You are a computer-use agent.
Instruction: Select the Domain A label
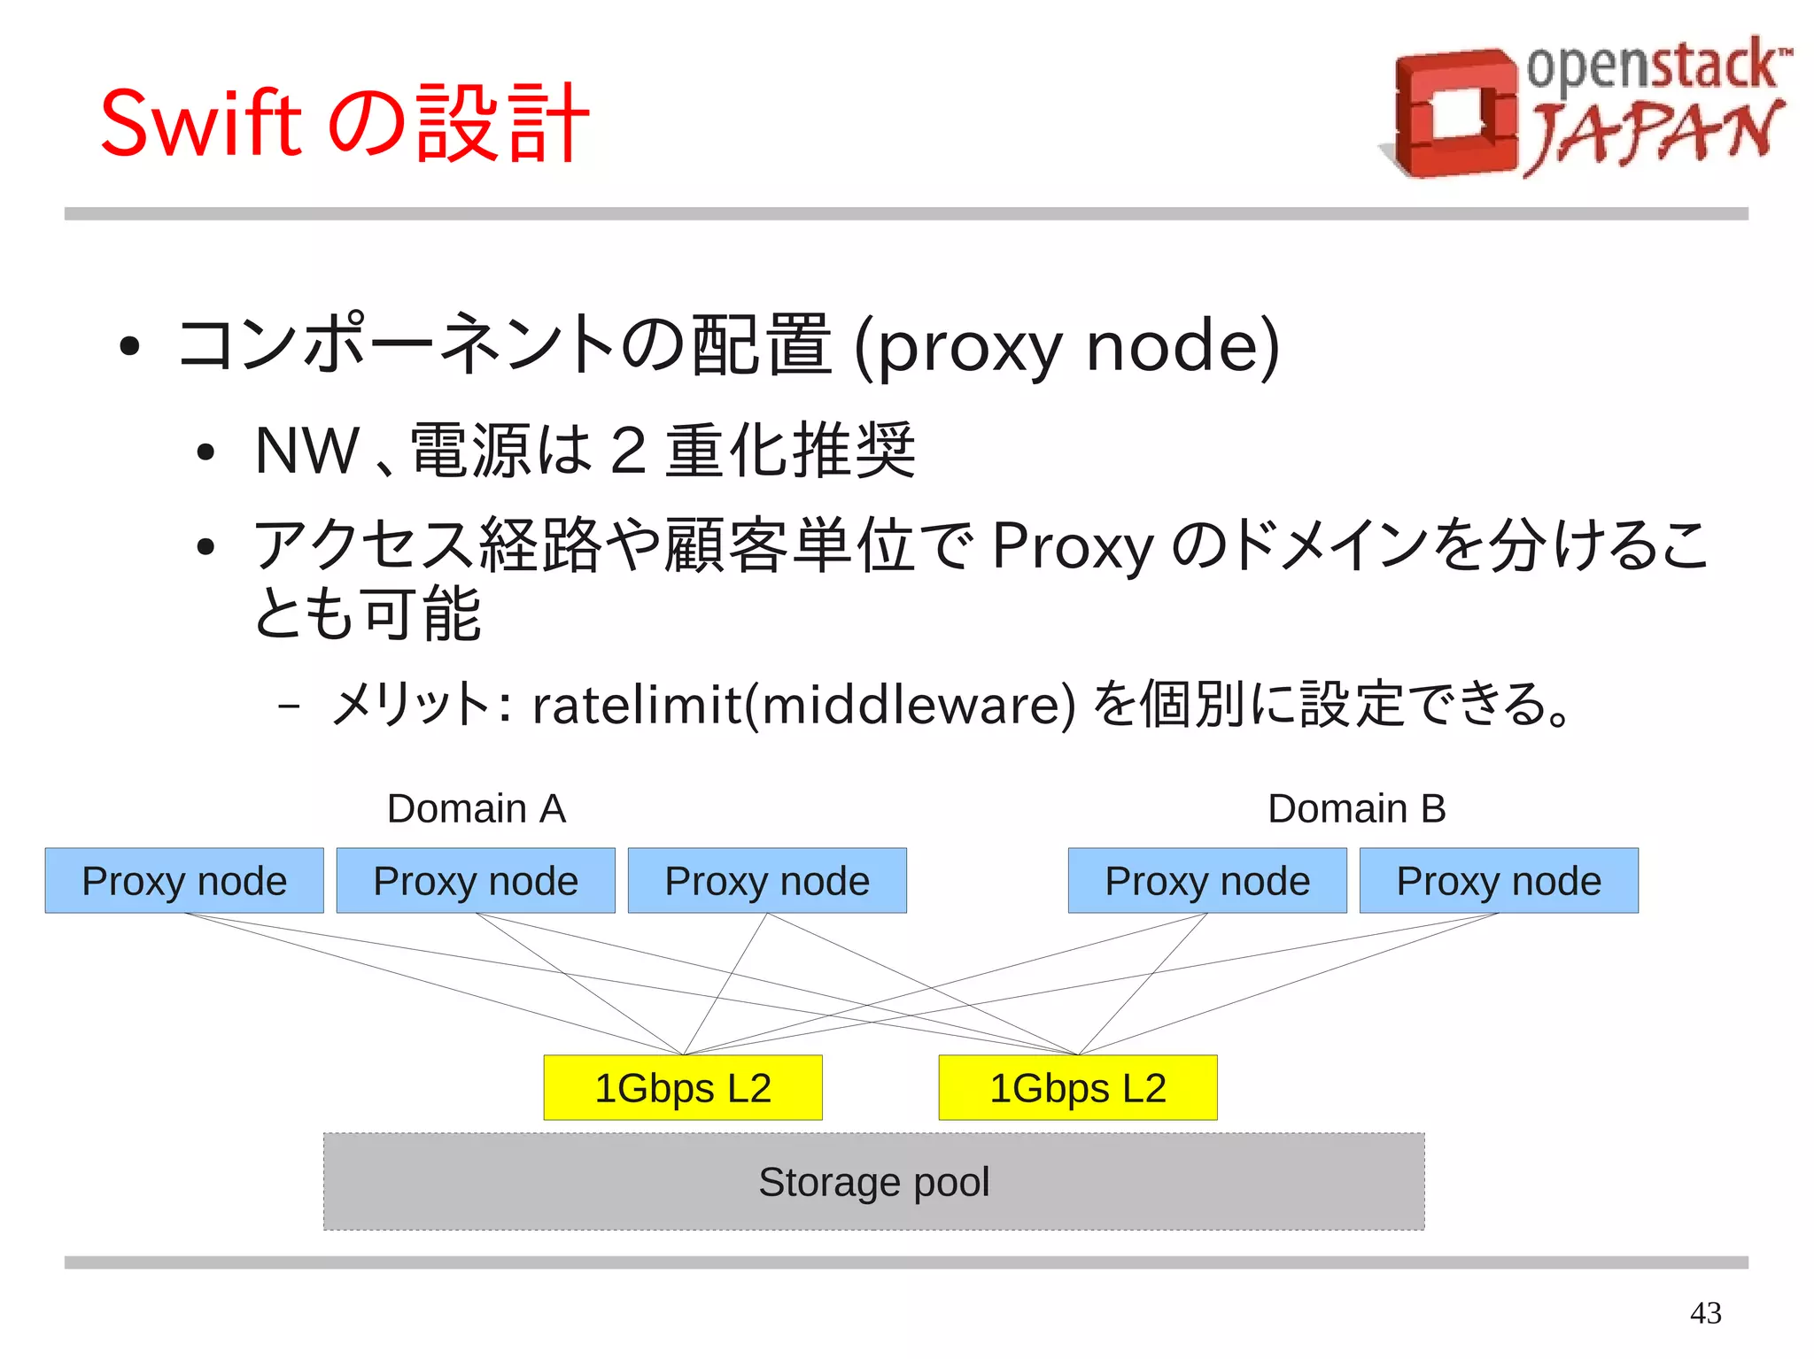click(477, 808)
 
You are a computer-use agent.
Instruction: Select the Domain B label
click(1356, 808)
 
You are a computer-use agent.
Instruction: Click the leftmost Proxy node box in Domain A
click(184, 881)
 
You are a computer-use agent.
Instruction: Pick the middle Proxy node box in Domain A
click(476, 881)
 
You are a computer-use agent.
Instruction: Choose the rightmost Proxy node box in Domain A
click(767, 881)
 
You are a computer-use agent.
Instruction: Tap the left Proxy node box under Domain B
click(1207, 881)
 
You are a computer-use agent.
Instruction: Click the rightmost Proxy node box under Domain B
click(1499, 881)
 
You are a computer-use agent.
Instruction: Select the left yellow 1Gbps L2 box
click(683, 1088)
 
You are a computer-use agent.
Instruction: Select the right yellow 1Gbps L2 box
click(1078, 1088)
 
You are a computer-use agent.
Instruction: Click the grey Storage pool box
click(873, 1182)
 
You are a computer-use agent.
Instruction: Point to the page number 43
click(1705, 1312)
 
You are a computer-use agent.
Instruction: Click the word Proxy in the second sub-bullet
click(1073, 546)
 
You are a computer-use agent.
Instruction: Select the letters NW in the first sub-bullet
click(306, 451)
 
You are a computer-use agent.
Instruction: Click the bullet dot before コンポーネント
click(129, 347)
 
